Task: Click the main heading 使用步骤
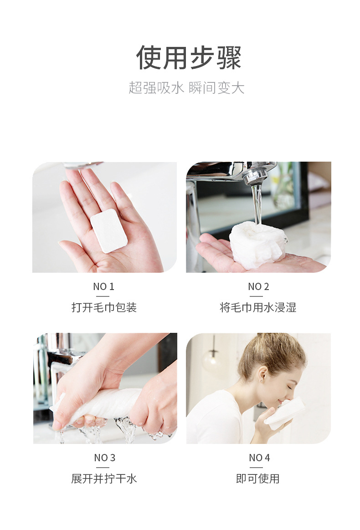point(189,58)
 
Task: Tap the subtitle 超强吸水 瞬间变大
point(186,88)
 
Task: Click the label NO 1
point(103,286)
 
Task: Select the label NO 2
point(258,286)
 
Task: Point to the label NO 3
point(104,458)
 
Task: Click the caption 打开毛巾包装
point(104,308)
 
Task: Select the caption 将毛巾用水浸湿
point(258,308)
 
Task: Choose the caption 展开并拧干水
point(104,479)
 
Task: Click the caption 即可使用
point(258,479)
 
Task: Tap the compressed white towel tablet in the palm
point(108,230)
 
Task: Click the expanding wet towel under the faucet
point(257,244)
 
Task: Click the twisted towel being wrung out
point(105,403)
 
